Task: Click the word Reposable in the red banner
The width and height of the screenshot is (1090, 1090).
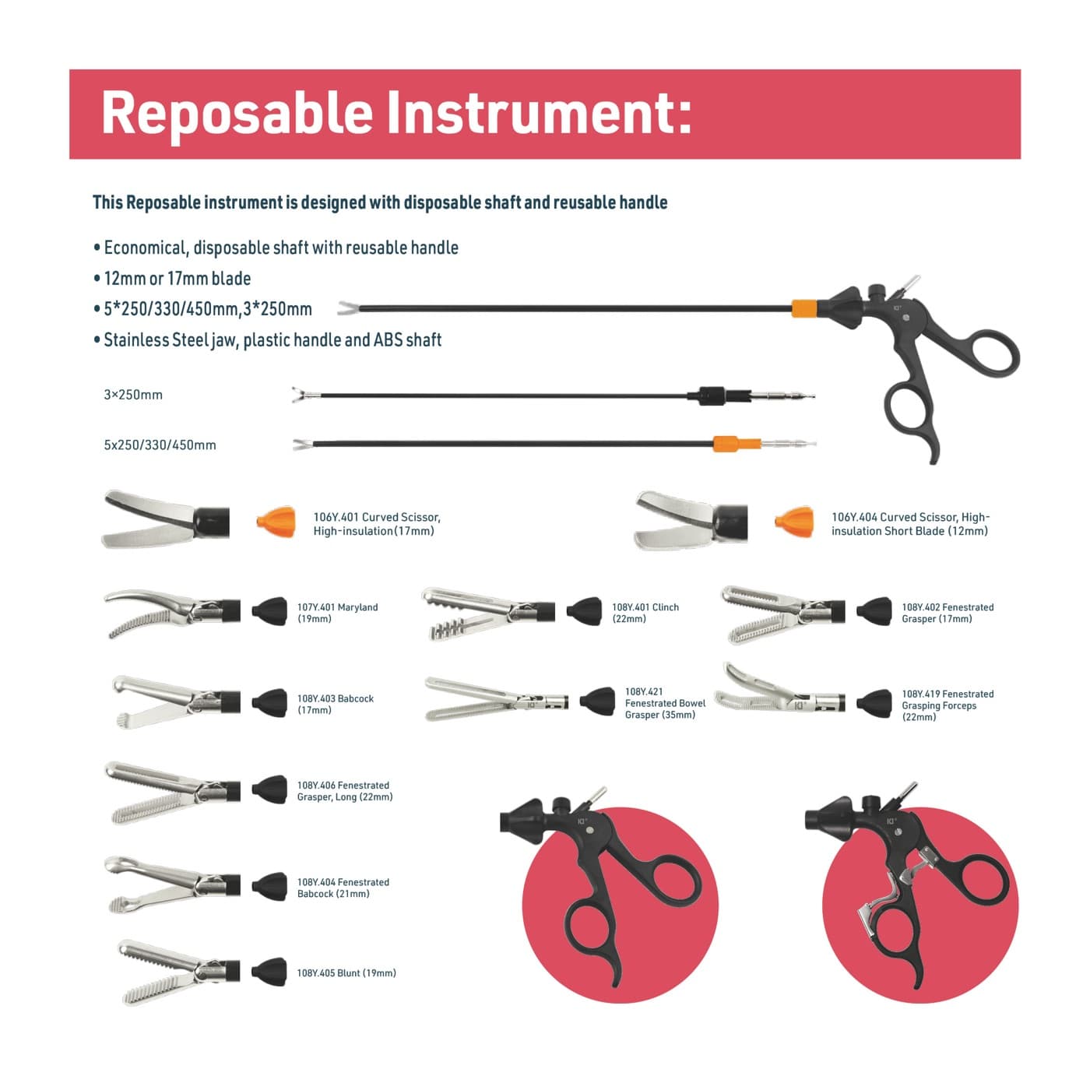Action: tap(237, 113)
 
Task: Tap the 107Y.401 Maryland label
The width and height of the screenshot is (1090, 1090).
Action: tap(337, 614)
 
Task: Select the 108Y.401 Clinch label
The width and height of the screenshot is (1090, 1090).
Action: tap(645, 614)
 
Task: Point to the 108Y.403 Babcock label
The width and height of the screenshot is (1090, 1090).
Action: tap(335, 705)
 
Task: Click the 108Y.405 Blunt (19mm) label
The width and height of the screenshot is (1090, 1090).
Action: tap(346, 973)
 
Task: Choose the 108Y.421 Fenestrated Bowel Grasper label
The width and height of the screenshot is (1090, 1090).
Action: tap(665, 703)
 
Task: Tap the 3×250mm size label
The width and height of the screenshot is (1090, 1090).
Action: tap(133, 395)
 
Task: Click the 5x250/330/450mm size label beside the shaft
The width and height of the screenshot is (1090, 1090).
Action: tap(160, 445)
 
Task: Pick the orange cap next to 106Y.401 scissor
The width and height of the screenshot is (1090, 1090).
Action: tap(276, 522)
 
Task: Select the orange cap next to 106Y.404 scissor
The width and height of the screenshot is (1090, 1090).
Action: tap(794, 522)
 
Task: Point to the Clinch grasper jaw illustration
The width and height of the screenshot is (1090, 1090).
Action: tap(487, 614)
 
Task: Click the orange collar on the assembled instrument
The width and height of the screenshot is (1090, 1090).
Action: tap(803, 309)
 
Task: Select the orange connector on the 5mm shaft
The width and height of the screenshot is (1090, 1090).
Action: tap(726, 444)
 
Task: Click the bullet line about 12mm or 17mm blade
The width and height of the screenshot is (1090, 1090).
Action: tap(172, 278)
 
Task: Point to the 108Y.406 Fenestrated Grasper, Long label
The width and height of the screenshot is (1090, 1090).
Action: tap(344, 791)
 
